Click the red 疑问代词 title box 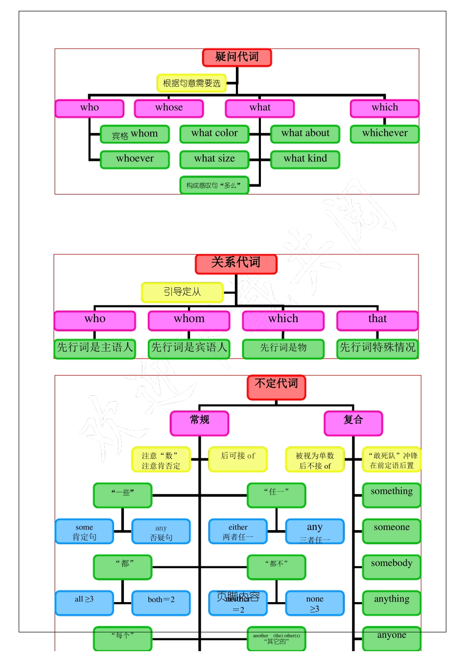pyautogui.click(x=237, y=57)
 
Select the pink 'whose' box pyautogui.click(x=169, y=108)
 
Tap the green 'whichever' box pyautogui.click(x=385, y=134)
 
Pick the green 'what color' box pyautogui.click(x=214, y=134)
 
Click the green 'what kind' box pyautogui.click(x=305, y=159)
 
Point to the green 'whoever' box pyautogui.click(x=135, y=159)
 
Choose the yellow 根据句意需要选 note pyautogui.click(x=191, y=83)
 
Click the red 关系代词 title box pyautogui.click(x=236, y=264)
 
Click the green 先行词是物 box pyautogui.click(x=283, y=349)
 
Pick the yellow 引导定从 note pyautogui.click(x=182, y=292)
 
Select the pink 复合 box pyautogui.click(x=353, y=423)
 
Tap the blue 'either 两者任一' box pyautogui.click(x=238, y=532)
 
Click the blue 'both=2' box pyautogui.click(x=161, y=603)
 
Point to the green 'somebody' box pyautogui.click(x=392, y=567)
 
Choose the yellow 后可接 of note pyautogui.click(x=238, y=459)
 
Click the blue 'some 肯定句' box pyautogui.click(x=84, y=532)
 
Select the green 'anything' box pyautogui.click(x=392, y=603)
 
